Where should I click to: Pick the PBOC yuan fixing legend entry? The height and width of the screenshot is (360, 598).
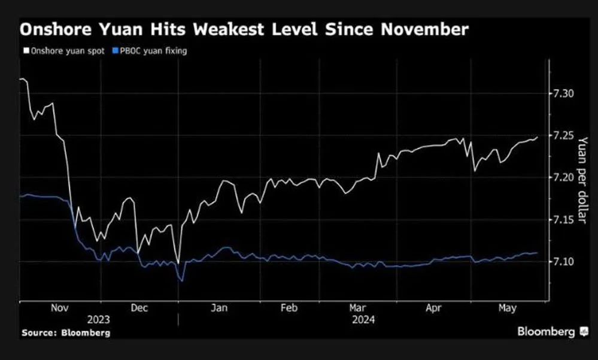pyautogui.click(x=151, y=52)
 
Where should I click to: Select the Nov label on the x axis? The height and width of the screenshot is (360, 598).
pyautogui.click(x=59, y=307)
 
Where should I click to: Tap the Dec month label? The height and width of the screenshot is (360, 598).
pyautogui.click(x=139, y=307)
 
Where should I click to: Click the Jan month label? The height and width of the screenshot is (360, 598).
pyautogui.click(x=219, y=307)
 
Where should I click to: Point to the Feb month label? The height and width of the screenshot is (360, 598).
pyautogui.click(x=289, y=307)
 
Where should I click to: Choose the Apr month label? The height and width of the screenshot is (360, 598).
pyautogui.click(x=434, y=307)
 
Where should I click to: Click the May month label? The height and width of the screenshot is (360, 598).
pyautogui.click(x=507, y=307)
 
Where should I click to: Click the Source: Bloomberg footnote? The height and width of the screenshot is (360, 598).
pyautogui.click(x=66, y=332)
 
